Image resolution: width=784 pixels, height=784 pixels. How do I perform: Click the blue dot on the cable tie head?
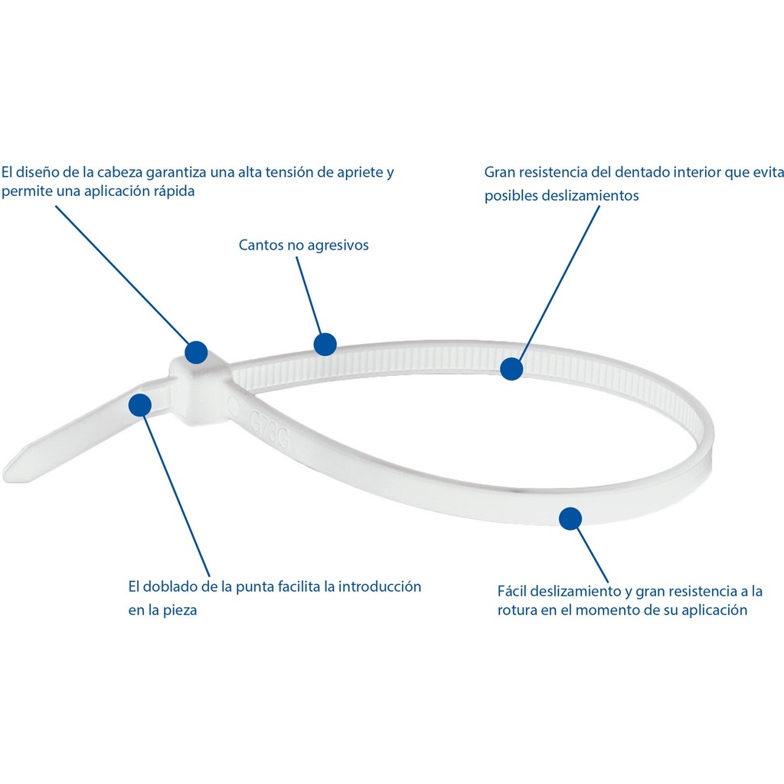(x=196, y=352)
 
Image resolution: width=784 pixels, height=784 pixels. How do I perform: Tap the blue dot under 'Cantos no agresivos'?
(x=325, y=345)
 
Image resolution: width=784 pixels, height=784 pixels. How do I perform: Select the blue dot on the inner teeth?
(x=511, y=369)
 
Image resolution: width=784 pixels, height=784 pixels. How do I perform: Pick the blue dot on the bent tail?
(x=140, y=405)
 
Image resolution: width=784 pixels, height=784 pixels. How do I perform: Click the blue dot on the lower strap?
(x=570, y=518)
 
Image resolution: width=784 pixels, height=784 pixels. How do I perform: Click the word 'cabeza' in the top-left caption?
(x=119, y=172)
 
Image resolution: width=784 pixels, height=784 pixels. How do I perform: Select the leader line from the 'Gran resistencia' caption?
(x=559, y=283)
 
